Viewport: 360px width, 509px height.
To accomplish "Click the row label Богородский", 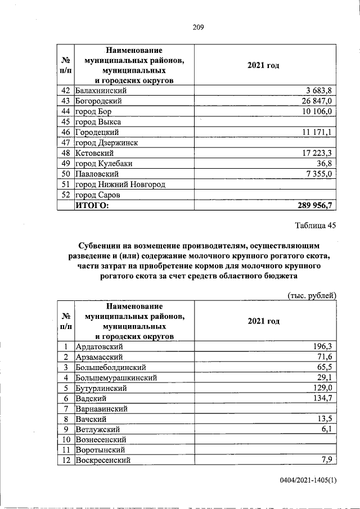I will (x=98, y=101).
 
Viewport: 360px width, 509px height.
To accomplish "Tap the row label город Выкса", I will (x=98, y=121).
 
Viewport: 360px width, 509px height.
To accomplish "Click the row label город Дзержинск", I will (x=107, y=143).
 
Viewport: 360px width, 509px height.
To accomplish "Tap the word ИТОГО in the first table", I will (x=93, y=205).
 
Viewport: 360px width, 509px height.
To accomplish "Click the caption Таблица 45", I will (x=315, y=226).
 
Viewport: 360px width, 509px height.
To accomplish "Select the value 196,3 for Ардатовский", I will (x=323, y=347).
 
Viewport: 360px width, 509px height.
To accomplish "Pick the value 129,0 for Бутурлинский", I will (x=323, y=388).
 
